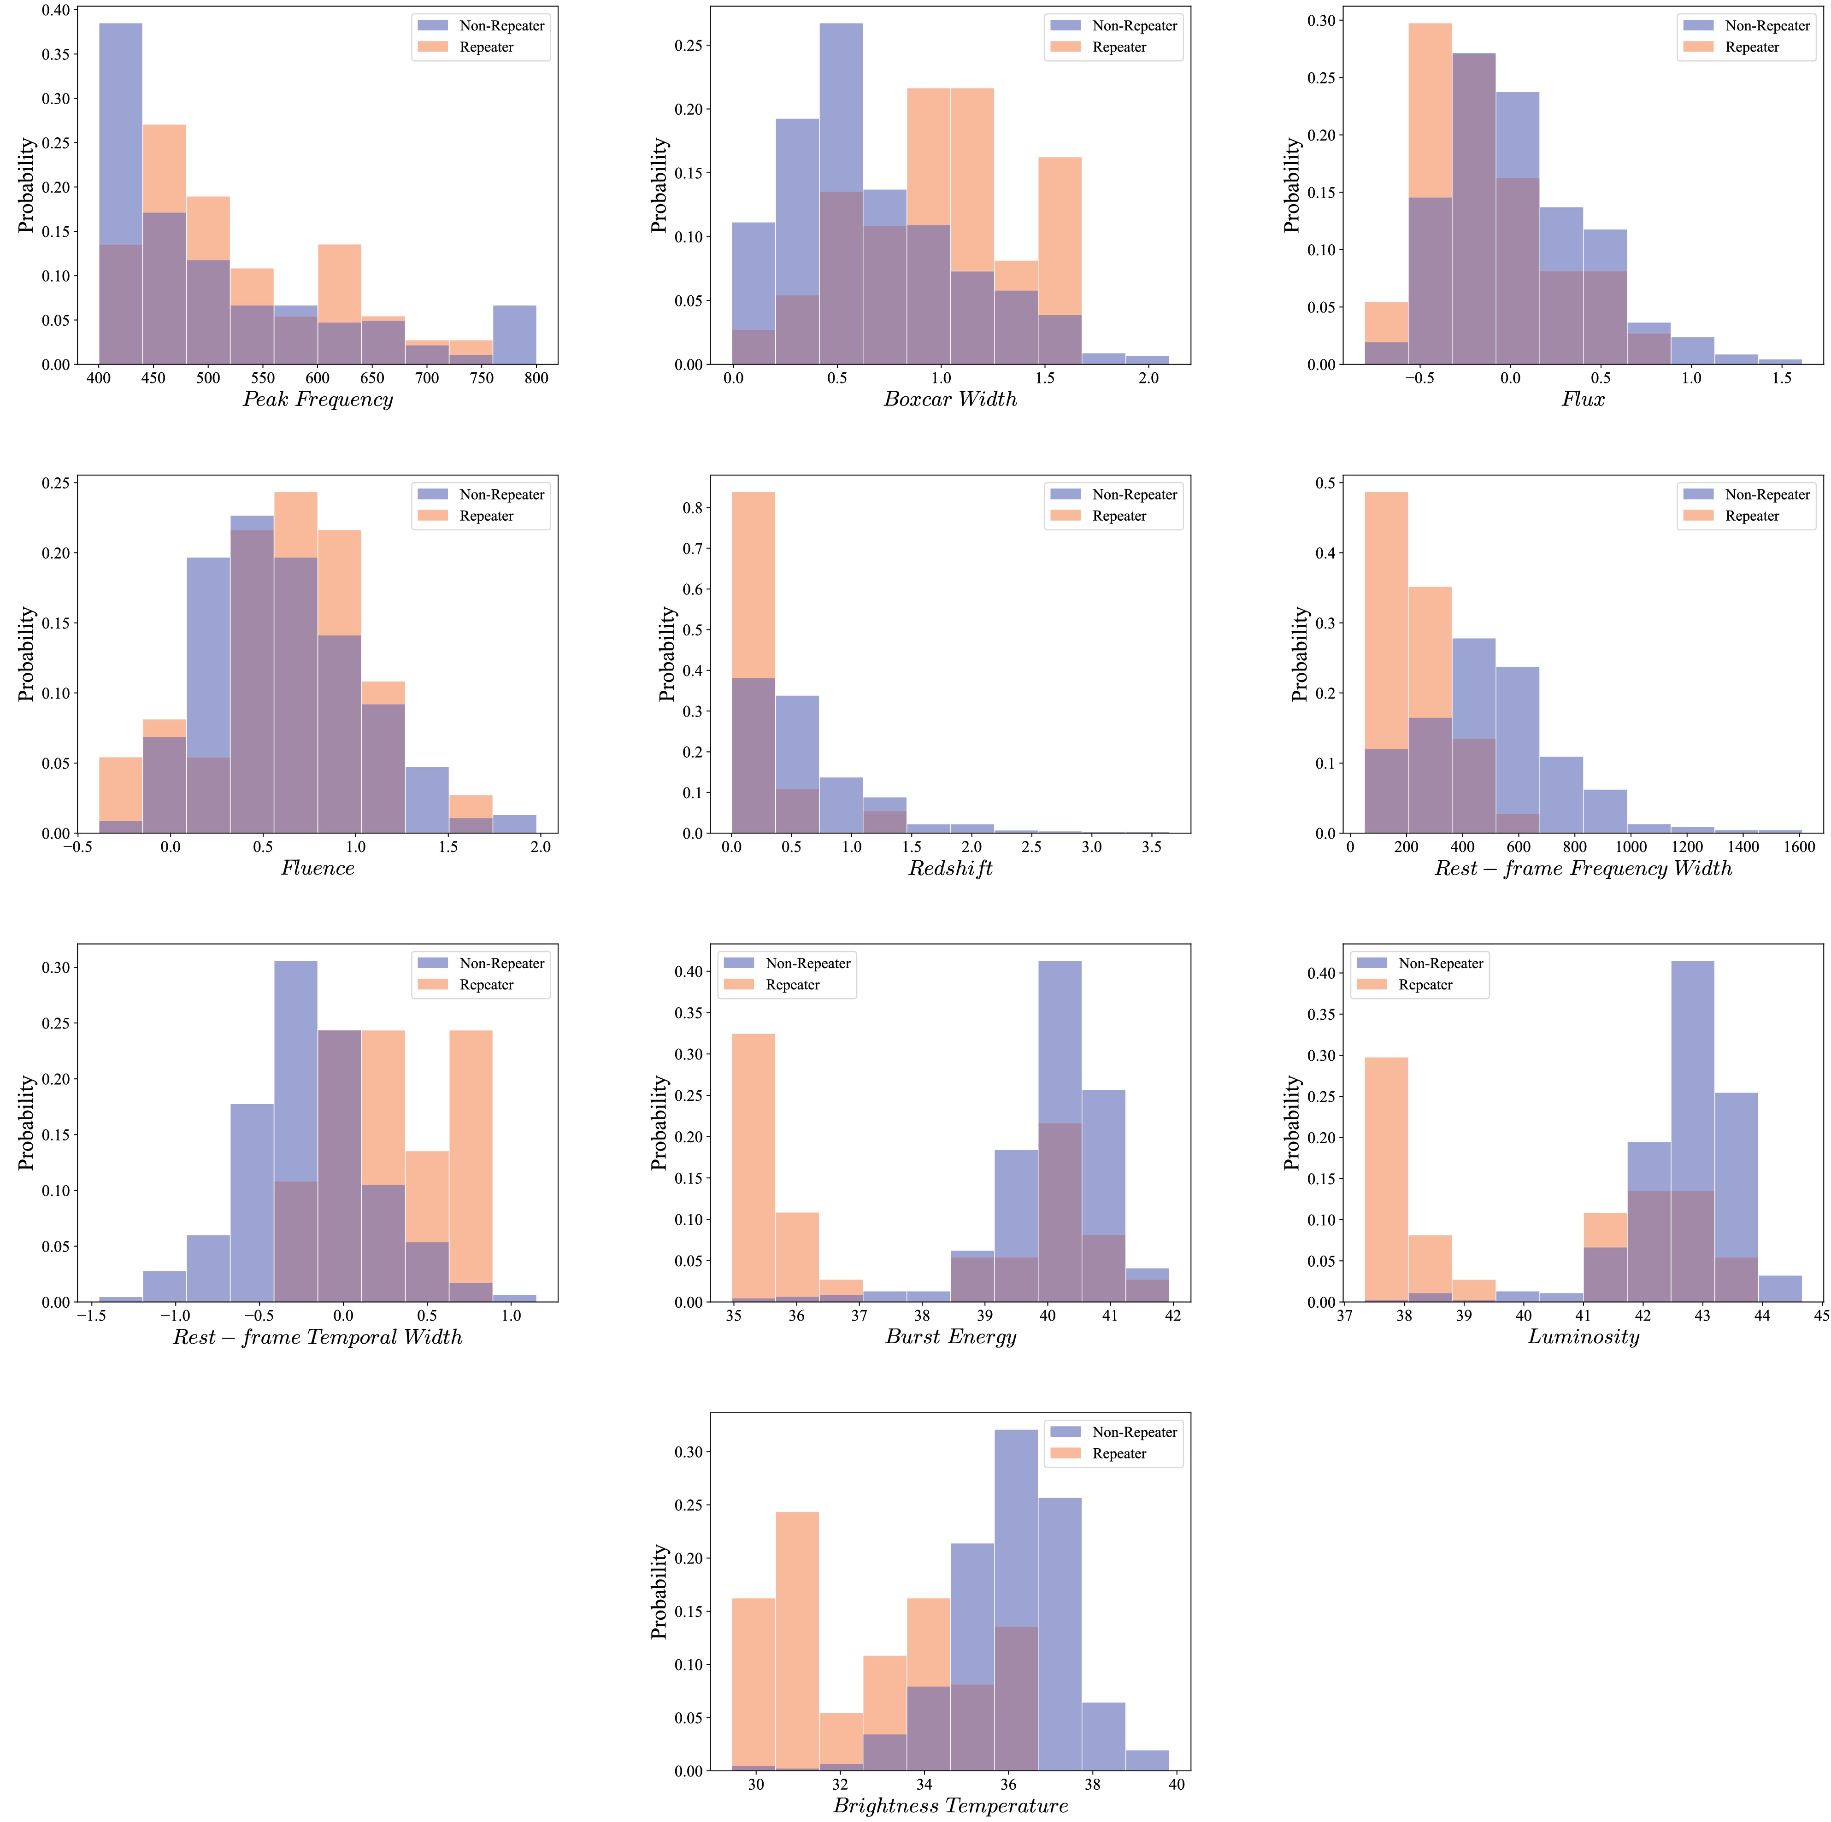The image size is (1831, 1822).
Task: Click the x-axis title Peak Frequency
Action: pyautogui.click(x=318, y=399)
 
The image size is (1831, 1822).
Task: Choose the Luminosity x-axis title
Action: pyautogui.click(x=1583, y=1337)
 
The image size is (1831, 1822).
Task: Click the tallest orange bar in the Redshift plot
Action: pyautogui.click(x=754, y=663)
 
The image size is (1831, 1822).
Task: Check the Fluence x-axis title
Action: pyautogui.click(x=318, y=868)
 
